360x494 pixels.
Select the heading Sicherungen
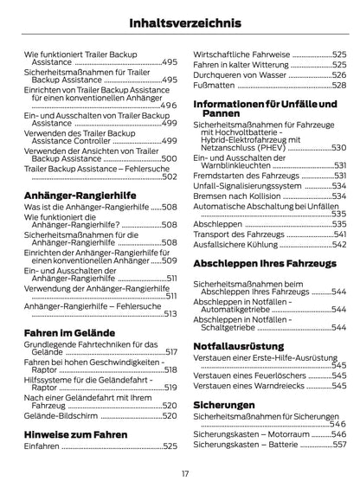tap(223, 404)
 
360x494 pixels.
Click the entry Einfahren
tap(42, 446)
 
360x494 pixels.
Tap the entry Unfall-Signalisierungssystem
tap(247, 185)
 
